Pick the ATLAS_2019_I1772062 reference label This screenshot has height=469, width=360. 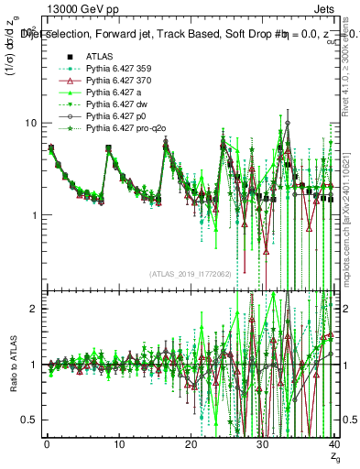[191, 274]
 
